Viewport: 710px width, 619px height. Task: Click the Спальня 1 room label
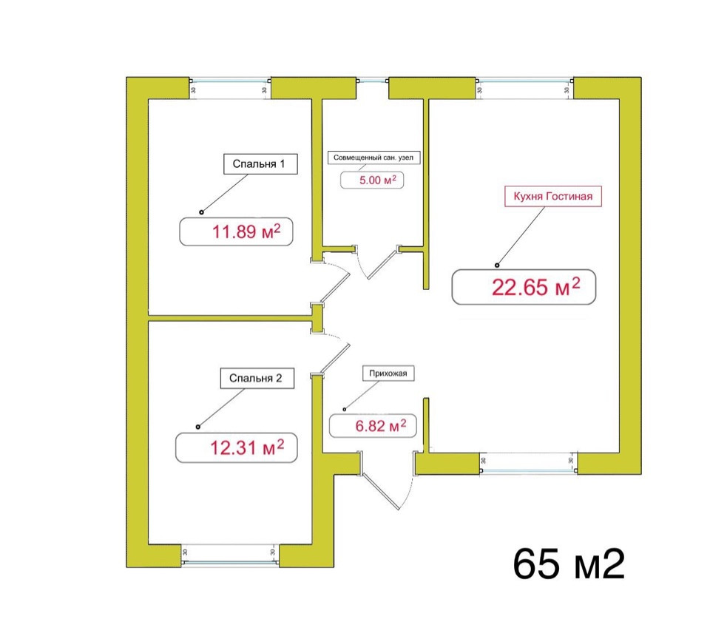point(260,164)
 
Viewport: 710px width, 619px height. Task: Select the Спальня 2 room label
point(257,378)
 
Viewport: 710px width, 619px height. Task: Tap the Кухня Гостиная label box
point(553,196)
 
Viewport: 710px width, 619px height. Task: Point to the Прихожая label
point(388,373)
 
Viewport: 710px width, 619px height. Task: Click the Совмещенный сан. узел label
point(373,158)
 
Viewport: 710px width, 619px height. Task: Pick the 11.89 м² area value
point(246,231)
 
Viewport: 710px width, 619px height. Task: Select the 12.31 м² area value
point(247,447)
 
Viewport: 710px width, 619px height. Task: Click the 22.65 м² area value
point(535,287)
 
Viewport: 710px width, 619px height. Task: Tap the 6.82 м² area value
point(381,426)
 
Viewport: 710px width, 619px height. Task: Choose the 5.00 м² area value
point(378,180)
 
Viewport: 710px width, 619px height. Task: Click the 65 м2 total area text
point(569,564)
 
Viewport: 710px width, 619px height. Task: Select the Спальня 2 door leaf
point(334,359)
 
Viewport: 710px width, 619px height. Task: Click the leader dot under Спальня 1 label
point(201,212)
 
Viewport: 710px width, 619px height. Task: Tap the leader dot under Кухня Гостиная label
point(497,265)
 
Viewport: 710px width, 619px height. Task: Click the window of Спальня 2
point(230,562)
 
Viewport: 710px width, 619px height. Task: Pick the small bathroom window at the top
point(373,81)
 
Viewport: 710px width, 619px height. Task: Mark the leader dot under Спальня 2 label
point(198,427)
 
